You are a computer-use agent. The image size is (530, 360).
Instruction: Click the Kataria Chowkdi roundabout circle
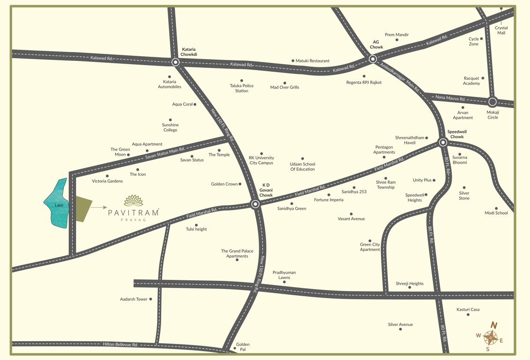point(175,62)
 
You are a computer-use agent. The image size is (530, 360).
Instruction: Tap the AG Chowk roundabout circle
point(373,59)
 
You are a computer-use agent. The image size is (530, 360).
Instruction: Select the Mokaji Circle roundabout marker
point(493,102)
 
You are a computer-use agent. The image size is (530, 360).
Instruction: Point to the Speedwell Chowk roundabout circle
point(443,142)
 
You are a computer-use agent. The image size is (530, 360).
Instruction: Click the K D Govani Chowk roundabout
point(255,204)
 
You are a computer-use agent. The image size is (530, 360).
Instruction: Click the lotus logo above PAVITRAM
point(134,201)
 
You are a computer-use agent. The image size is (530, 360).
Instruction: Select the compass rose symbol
point(490,337)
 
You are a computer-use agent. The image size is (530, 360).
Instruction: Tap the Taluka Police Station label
point(242,88)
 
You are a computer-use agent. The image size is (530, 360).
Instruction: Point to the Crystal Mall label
point(501,30)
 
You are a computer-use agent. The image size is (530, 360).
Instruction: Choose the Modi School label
point(496,213)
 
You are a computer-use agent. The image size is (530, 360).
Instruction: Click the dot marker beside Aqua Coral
point(195,104)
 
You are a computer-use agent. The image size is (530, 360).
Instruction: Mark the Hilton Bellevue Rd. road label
point(120,345)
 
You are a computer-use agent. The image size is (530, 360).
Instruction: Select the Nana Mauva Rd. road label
point(450,98)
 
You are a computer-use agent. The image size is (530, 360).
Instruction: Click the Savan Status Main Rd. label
point(165,153)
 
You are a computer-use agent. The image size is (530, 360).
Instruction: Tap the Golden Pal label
point(243,347)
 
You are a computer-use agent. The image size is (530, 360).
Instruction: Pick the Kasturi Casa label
point(468,309)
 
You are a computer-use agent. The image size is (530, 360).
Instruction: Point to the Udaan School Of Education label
point(303,166)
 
